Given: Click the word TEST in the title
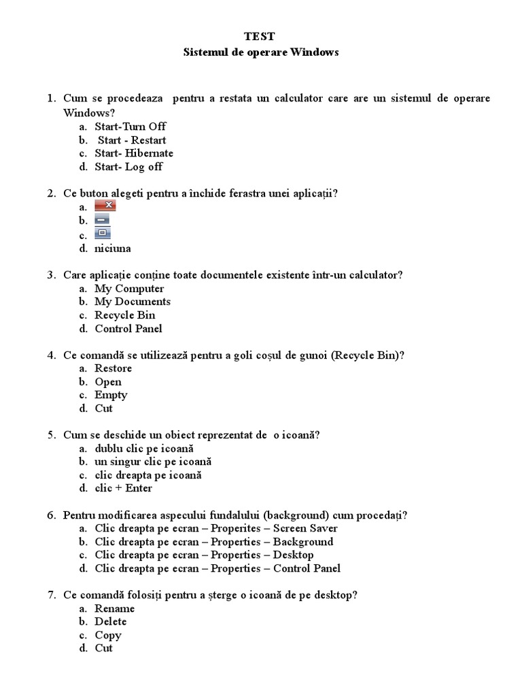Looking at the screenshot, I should click(x=260, y=37).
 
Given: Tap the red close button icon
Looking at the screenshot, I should click(x=105, y=206).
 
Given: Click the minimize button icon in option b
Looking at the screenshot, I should click(x=102, y=220).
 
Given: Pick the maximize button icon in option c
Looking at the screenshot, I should click(x=102, y=233).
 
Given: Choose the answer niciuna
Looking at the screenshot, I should click(x=113, y=248).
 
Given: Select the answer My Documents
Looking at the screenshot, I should click(x=133, y=302).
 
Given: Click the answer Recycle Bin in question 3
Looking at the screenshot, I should click(x=125, y=315).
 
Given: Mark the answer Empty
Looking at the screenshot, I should click(x=111, y=395).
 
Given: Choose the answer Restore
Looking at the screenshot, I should click(x=114, y=368).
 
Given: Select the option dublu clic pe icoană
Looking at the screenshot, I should click(x=144, y=449).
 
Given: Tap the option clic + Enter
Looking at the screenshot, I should click(x=124, y=488).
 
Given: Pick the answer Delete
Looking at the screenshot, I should click(x=111, y=621).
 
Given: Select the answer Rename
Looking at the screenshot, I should click(x=115, y=609).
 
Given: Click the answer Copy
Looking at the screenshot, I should click(x=108, y=635).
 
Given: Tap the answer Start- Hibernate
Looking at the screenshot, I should click(x=134, y=153).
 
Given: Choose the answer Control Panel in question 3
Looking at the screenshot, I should click(x=128, y=329).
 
